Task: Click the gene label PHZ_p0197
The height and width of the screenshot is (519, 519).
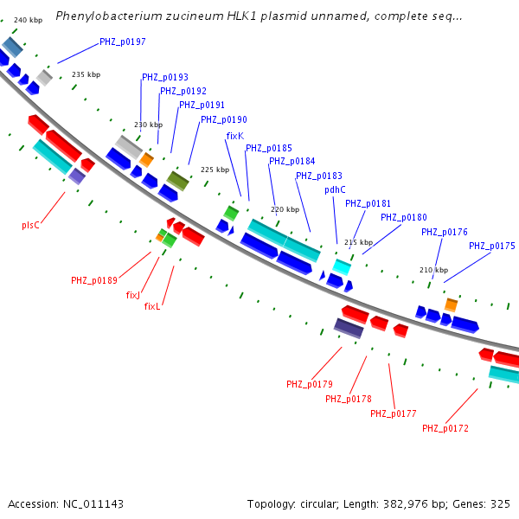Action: (x=123, y=42)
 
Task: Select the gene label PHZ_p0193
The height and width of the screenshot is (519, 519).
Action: (x=165, y=77)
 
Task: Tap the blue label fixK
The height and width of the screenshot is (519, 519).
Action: (x=234, y=136)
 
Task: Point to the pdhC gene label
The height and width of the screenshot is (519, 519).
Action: (x=335, y=189)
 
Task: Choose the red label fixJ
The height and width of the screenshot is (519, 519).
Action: (x=133, y=295)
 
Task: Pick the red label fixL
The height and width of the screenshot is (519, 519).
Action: (x=152, y=306)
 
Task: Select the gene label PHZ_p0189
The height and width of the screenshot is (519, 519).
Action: (x=94, y=280)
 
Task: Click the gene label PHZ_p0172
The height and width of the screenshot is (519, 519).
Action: (x=445, y=428)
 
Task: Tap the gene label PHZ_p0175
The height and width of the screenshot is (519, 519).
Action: (x=492, y=246)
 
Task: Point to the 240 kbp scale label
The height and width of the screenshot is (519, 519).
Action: (x=28, y=20)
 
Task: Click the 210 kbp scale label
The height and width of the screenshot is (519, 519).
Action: (x=433, y=270)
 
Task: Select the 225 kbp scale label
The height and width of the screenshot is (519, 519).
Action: (x=215, y=170)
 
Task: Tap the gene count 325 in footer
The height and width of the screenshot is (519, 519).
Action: (x=499, y=503)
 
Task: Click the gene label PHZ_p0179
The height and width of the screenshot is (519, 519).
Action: (x=310, y=384)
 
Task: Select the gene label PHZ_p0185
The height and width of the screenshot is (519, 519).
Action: (x=269, y=148)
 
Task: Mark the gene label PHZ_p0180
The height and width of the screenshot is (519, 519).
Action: (x=404, y=217)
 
